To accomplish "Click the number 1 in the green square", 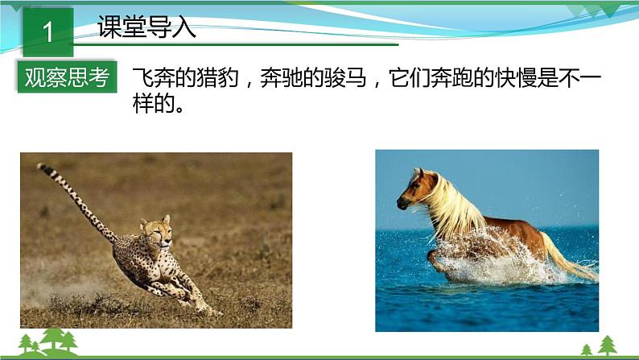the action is [x=48, y=31].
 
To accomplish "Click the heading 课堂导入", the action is [x=146, y=27].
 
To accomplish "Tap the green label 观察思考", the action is [x=68, y=77].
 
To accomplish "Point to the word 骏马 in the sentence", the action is [x=345, y=77].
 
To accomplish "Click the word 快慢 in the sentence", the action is [x=517, y=77].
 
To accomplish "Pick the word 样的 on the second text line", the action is [x=154, y=105].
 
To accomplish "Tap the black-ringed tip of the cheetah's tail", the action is [x=43, y=168].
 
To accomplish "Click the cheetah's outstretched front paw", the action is [x=212, y=311].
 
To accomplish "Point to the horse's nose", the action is [x=402, y=203].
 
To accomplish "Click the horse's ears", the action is [x=418, y=172].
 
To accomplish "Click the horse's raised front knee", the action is [x=432, y=256].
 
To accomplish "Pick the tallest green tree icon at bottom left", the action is [x=54, y=338].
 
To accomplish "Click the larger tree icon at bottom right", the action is [x=608, y=345].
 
